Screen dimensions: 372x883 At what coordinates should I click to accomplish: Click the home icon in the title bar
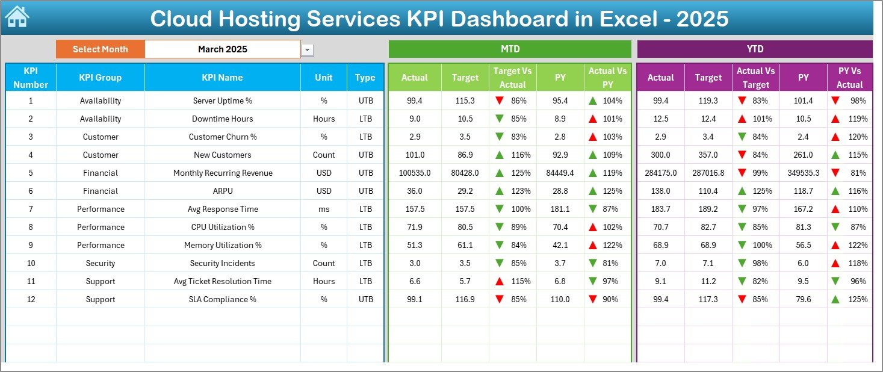click(17, 17)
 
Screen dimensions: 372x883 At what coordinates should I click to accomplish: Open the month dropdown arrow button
click(308, 50)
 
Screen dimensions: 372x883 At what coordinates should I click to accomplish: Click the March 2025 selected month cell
click(223, 49)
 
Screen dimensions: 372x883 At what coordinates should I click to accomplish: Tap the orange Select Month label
click(100, 49)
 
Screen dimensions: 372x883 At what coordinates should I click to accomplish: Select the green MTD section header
click(510, 49)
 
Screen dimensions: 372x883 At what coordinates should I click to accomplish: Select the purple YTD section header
click(754, 49)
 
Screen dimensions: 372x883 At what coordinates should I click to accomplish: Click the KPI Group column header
click(100, 77)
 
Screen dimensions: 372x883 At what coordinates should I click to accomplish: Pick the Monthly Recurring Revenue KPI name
click(223, 173)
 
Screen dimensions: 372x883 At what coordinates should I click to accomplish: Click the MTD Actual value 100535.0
click(414, 173)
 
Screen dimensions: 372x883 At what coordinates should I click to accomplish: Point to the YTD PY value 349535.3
click(803, 173)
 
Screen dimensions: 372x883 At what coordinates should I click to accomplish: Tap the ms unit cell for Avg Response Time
click(324, 209)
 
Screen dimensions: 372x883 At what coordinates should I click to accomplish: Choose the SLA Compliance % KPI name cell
click(223, 299)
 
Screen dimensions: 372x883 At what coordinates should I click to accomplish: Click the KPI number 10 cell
click(31, 263)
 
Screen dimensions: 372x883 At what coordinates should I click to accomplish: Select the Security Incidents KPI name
click(223, 263)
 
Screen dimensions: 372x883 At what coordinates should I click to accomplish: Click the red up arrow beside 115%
click(499, 281)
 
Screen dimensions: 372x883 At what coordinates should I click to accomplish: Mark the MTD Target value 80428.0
click(465, 173)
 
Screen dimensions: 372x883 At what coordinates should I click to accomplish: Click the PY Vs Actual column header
click(849, 78)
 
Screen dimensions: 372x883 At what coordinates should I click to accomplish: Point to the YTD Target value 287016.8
click(708, 173)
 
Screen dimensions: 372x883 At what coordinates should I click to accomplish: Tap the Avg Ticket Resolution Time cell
click(223, 281)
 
